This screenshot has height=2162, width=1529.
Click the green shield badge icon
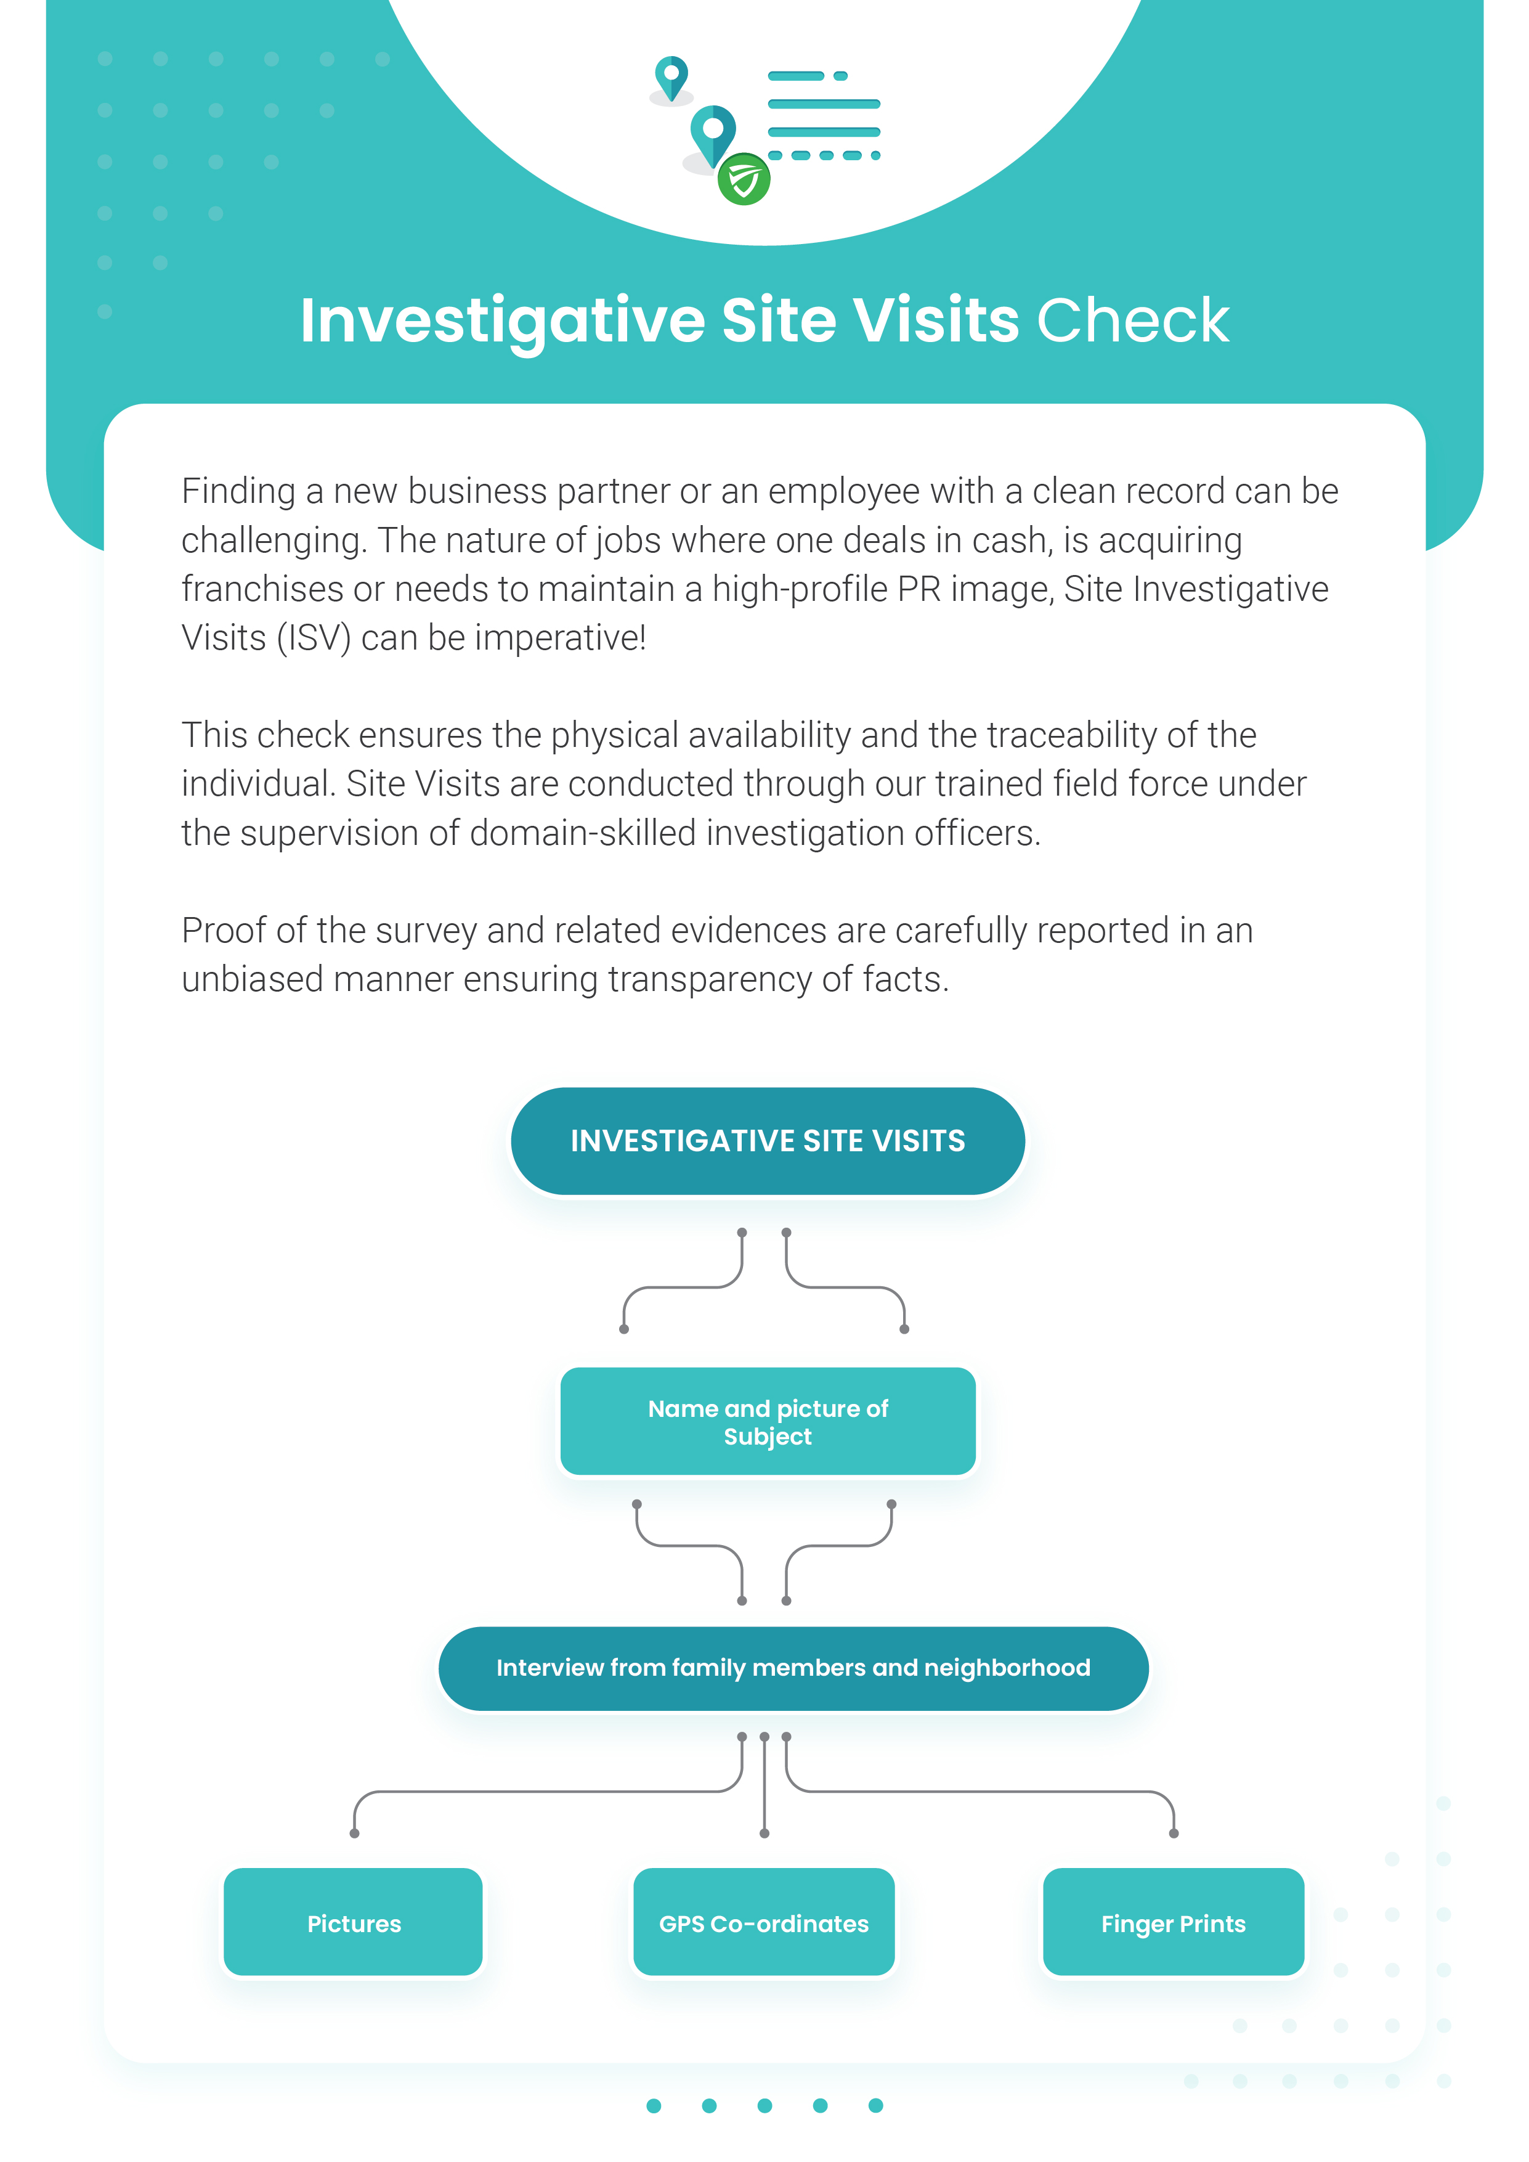click(x=744, y=179)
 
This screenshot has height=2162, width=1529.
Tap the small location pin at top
click(x=671, y=78)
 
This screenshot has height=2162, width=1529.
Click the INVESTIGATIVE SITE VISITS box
click(x=768, y=1141)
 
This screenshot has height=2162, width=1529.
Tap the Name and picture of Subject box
click(x=768, y=1421)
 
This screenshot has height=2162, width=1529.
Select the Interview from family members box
click(x=793, y=1668)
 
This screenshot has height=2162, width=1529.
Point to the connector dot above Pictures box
click(x=354, y=1834)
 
